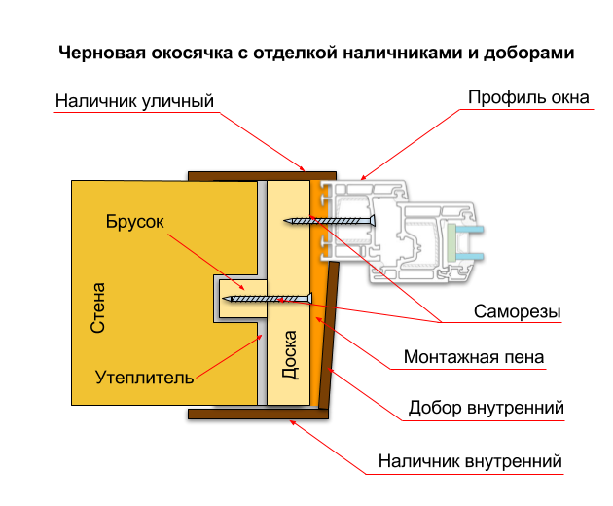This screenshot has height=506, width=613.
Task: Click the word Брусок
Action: click(x=135, y=221)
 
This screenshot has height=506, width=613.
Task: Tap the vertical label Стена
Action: click(x=97, y=308)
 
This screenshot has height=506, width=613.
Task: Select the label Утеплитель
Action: click(x=145, y=377)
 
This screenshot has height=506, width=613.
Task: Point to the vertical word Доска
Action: click(x=289, y=355)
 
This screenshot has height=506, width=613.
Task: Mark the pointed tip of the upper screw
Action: click(x=285, y=222)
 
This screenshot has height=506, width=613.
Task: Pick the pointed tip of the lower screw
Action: click(x=223, y=299)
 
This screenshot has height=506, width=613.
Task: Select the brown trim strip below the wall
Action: click(x=258, y=414)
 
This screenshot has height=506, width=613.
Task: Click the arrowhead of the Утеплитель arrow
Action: click(x=259, y=338)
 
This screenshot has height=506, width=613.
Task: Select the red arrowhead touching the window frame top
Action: click(x=362, y=178)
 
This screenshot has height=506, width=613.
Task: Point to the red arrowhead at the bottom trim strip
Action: click(x=293, y=421)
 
